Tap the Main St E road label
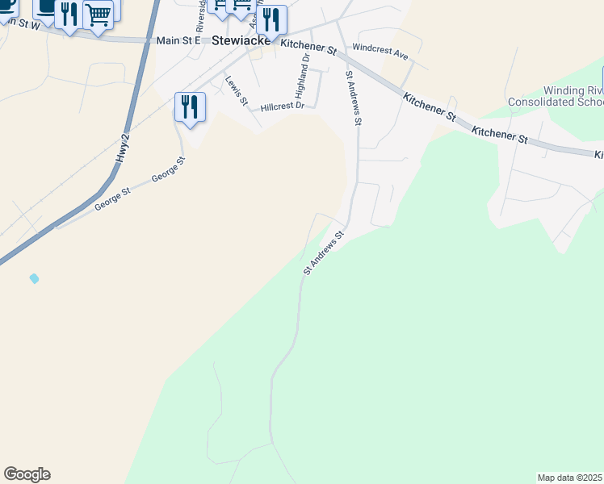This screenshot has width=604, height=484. click(179, 40)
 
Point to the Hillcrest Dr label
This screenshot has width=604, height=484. click(282, 106)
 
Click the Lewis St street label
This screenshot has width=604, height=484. click(237, 90)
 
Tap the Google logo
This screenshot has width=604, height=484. click(27, 474)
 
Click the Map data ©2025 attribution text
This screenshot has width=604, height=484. click(570, 478)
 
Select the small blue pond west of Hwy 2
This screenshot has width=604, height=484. click(34, 278)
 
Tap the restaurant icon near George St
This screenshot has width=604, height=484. click(190, 106)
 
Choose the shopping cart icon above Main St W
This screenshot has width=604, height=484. click(98, 14)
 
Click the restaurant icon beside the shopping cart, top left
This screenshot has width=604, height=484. click(69, 14)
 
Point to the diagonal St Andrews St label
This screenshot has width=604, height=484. click(324, 252)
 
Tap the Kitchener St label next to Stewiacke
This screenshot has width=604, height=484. click(308, 48)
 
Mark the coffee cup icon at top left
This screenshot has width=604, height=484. click(46, 8)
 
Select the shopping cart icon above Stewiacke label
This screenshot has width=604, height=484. click(241, 5)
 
